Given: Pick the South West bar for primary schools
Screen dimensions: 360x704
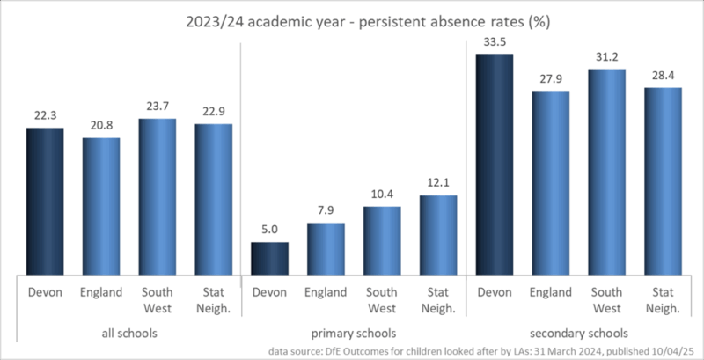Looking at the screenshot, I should tap(382, 239).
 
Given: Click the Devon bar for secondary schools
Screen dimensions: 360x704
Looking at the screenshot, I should tap(495, 164).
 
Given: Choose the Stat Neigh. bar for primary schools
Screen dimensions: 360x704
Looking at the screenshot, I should tap(438, 234).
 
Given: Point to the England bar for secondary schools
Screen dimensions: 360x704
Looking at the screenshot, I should tap(551, 182).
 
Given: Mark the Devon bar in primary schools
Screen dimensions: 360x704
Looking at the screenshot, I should tap(270, 257).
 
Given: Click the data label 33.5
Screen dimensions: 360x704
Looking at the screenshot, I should tap(495, 40).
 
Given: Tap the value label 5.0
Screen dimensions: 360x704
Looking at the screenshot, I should tap(270, 229).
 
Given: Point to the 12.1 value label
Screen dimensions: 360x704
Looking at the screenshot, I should tap(438, 182).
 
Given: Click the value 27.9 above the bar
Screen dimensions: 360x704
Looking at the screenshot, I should tap(551, 77).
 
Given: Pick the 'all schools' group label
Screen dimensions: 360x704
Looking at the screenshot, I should tap(129, 334).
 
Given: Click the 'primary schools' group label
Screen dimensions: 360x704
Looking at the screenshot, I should tap(354, 334).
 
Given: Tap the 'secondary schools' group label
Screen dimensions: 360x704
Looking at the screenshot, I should tap(579, 334).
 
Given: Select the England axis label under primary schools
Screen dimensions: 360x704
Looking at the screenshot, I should tap(326, 292).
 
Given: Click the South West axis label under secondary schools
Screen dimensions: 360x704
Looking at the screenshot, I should tap(607, 299).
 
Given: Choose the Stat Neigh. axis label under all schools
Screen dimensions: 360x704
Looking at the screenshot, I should tap(214, 299).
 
